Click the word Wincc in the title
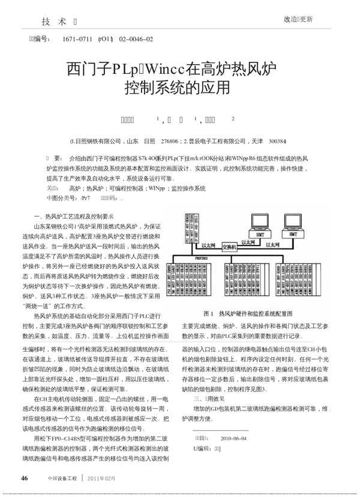(x=170, y=68)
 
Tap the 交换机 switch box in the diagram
(x=229, y=246)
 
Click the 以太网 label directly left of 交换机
(x=208, y=245)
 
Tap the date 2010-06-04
(x=233, y=438)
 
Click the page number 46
(x=25, y=478)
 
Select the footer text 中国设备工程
(x=63, y=478)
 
